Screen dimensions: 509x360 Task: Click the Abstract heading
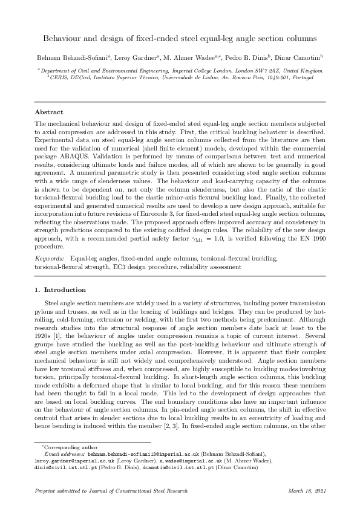(x=48, y=112)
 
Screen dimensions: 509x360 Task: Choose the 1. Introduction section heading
(x=60, y=290)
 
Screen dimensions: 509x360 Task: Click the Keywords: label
(x=50, y=258)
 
